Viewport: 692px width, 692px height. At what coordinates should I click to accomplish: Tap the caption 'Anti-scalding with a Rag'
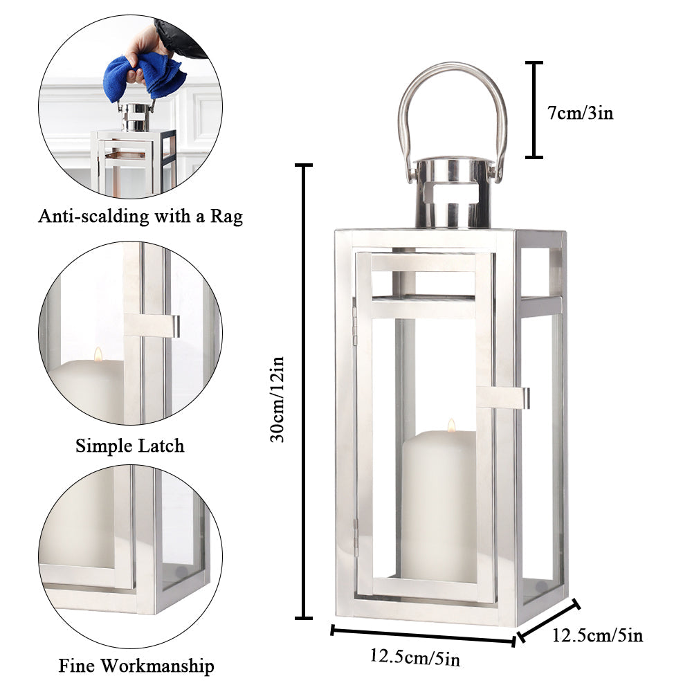point(140,217)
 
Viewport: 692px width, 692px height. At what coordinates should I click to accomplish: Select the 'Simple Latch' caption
point(130,446)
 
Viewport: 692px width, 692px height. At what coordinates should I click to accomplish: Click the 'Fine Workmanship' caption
point(136,666)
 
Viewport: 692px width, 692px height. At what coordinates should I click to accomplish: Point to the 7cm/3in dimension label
point(580,113)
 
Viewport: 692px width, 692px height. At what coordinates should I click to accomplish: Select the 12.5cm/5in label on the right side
point(597,635)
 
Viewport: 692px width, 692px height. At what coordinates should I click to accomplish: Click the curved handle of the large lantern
point(452,90)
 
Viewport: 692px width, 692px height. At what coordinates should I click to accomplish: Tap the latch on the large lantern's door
point(504,397)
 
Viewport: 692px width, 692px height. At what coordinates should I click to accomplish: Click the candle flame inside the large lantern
point(451,425)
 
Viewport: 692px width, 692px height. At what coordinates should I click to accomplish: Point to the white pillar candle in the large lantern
point(439,505)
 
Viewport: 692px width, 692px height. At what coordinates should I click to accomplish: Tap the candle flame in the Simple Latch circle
point(98,354)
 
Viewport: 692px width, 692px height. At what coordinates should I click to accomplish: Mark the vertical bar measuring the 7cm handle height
point(534,110)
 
